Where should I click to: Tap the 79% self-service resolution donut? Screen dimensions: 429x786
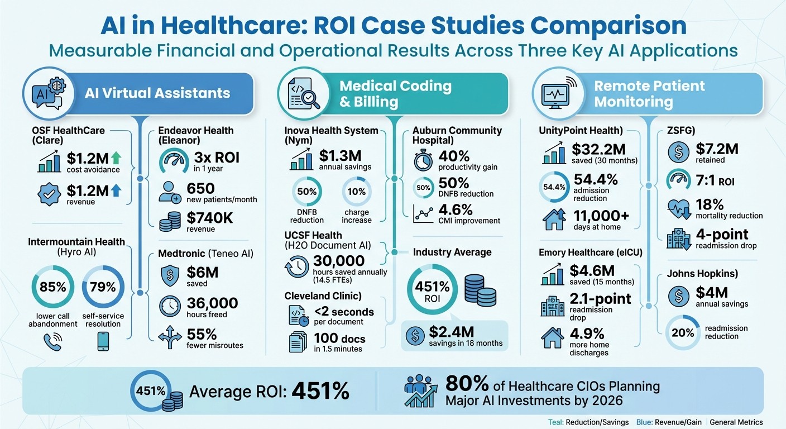pyautogui.click(x=103, y=288)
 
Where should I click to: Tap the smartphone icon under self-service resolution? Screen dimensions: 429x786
pyautogui.click(x=103, y=341)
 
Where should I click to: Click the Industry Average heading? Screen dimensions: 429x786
pyautogui.click(x=452, y=252)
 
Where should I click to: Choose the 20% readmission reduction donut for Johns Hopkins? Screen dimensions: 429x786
pyautogui.click(x=683, y=332)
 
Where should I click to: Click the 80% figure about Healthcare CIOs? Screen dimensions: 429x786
pyautogui.click(x=467, y=384)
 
